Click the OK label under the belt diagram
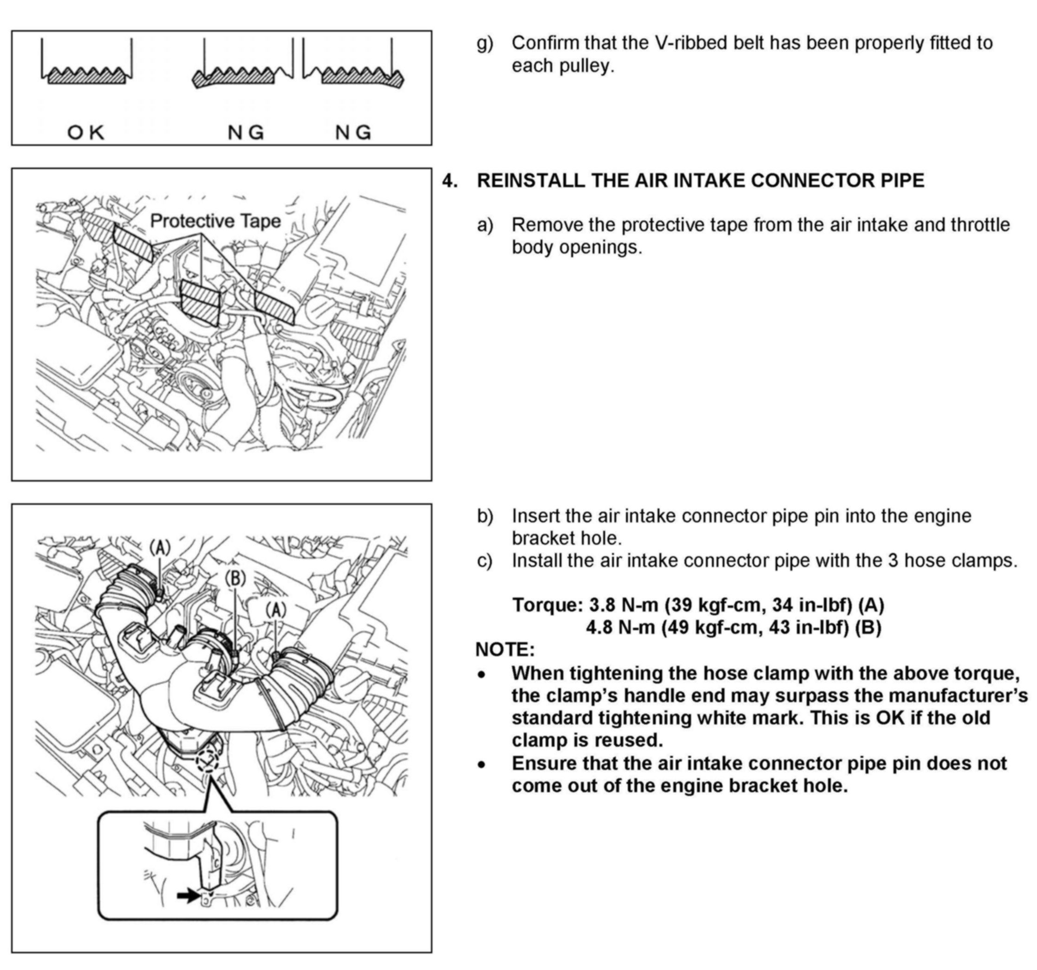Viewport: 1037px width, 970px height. (x=86, y=132)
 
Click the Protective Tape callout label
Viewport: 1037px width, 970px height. (x=215, y=221)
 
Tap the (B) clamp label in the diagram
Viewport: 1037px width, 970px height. (x=235, y=578)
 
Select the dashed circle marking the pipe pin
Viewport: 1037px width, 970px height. (x=207, y=762)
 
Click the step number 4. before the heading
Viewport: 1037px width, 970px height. (x=450, y=181)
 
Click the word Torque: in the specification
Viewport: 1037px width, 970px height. (x=547, y=605)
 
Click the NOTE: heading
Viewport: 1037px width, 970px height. (x=505, y=650)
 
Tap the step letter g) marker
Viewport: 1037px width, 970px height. (x=484, y=43)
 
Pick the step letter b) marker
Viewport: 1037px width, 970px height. (x=484, y=516)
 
